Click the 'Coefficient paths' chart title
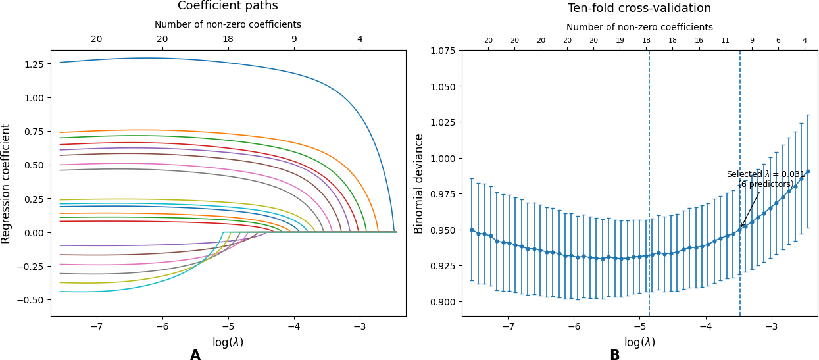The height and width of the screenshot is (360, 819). point(228,6)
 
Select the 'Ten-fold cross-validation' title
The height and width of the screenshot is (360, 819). point(639,8)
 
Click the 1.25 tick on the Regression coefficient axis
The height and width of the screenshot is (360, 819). point(34,64)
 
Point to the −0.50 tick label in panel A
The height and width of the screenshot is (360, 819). point(30,300)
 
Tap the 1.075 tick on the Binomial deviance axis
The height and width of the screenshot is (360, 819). point(443,51)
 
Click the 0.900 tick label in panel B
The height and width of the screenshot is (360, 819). point(443,302)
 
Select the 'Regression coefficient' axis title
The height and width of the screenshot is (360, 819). point(5,184)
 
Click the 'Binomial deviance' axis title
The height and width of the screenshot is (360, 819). point(418,184)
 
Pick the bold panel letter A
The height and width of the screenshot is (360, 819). point(195,355)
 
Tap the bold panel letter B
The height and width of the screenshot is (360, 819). point(615,355)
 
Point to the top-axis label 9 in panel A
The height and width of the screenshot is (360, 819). point(294,39)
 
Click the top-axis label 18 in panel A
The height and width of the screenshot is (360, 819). point(228,39)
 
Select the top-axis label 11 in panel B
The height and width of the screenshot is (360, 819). point(725,41)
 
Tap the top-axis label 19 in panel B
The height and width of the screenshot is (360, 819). point(620,41)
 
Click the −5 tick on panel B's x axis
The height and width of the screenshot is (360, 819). point(640,326)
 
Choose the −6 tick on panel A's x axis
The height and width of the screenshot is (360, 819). point(162,326)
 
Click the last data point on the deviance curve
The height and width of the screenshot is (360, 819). point(808,171)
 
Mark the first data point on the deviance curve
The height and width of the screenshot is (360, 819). point(472,230)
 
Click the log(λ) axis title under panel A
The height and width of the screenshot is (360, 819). point(228,342)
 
